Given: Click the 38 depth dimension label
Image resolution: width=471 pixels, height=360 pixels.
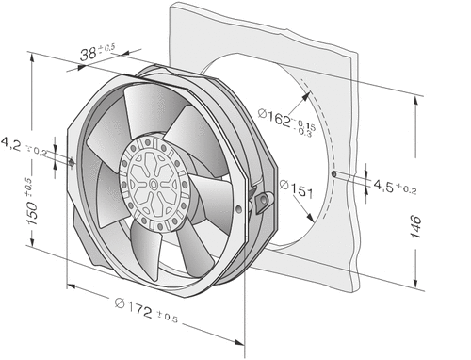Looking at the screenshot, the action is (88, 54).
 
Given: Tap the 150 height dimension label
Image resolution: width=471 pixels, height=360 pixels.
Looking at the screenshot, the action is (33, 214).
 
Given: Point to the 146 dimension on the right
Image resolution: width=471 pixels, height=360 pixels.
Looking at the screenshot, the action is (415, 227).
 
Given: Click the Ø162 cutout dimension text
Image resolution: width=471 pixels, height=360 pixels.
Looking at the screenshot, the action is (274, 117).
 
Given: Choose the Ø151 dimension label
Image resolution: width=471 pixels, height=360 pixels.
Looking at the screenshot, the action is (296, 188).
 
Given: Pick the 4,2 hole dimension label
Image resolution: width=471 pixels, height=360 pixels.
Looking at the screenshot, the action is (10, 144).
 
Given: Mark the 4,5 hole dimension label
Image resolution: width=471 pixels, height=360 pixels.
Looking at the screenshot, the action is (383, 187).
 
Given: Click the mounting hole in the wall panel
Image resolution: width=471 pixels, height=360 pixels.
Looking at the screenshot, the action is (334, 173).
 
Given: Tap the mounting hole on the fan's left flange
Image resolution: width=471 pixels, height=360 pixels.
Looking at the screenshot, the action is (72, 162).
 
